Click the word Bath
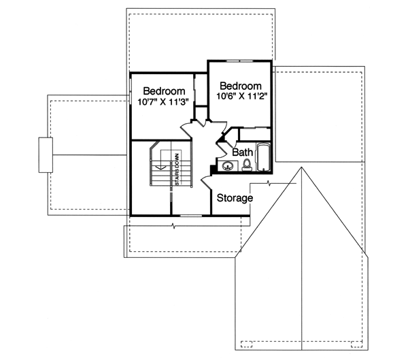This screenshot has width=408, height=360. pos(243,152)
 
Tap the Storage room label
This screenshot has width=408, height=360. pos(235,198)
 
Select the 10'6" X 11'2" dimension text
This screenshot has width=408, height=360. pos(240,97)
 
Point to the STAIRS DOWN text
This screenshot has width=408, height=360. pos(177,170)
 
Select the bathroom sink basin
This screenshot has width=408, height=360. pos(226,165)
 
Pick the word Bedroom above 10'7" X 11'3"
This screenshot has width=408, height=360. pos(164,91)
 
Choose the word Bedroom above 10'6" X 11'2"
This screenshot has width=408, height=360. pos(241,86)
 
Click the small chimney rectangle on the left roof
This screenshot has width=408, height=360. pos(46,154)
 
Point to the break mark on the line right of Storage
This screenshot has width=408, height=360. pos(270,184)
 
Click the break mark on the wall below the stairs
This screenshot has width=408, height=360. pos(175,225)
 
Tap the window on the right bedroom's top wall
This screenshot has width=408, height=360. pos(239,61)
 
